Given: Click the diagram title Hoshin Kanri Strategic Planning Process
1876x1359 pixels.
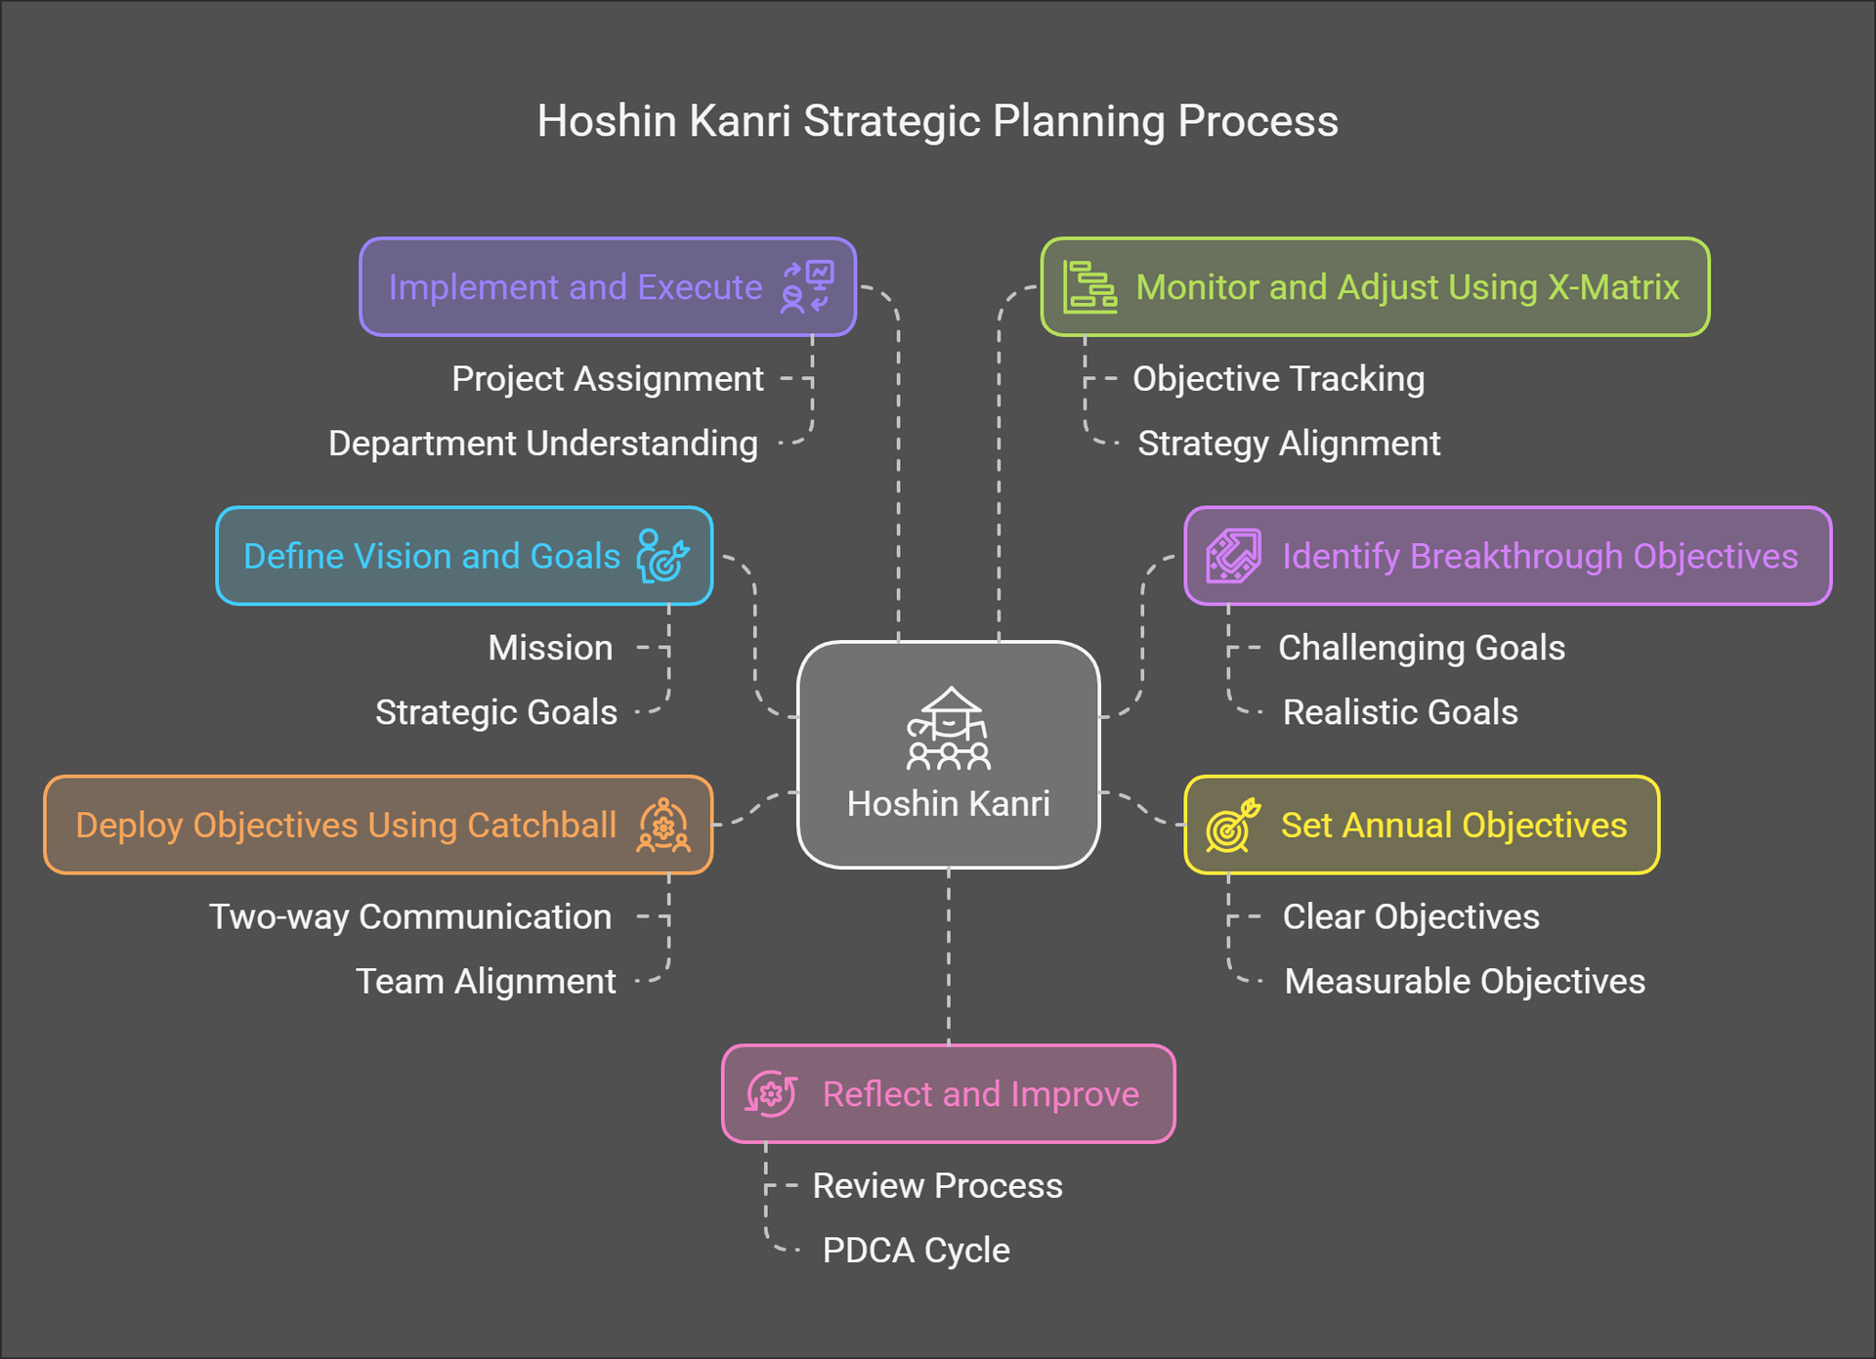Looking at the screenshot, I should tap(937, 122).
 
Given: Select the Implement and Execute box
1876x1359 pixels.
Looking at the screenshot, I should tap(607, 287).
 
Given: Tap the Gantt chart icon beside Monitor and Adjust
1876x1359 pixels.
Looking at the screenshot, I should tap(1089, 287).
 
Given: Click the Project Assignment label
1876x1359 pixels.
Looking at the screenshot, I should tap(607, 379).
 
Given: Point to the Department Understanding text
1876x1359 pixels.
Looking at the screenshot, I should tap(542, 444).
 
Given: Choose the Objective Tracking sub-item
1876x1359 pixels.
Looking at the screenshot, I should tap(1278, 379).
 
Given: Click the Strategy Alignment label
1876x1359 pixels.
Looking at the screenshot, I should tap(1288, 444).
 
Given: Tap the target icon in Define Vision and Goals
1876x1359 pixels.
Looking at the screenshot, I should tap(662, 556).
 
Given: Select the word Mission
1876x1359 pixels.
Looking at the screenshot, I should tap(550, 648).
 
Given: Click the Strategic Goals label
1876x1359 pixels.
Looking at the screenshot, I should tap(495, 712).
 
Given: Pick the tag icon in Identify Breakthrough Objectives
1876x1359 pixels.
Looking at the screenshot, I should tap(1232, 556).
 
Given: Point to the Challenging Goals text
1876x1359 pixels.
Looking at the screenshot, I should tap(1421, 648).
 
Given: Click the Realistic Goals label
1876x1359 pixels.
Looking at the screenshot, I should tap(1399, 712).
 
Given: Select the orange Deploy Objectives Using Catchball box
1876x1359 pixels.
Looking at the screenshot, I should tap(377, 826).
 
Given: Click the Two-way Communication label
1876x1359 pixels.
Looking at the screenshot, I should tap(410, 917).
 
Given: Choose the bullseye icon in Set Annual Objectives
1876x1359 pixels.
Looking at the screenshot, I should tap(1232, 826).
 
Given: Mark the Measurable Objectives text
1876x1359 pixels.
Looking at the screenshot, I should tap(1464, 982).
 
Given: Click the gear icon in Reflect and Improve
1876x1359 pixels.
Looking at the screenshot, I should tap(771, 1094).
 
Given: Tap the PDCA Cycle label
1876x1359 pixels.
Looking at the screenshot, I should tap(916, 1251).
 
